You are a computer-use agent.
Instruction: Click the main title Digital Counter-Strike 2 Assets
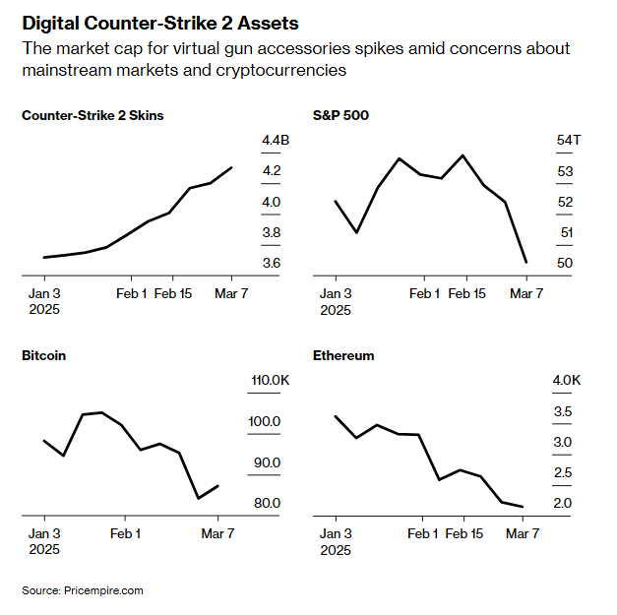pos(160,23)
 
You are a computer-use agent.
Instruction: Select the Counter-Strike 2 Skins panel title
pos(93,115)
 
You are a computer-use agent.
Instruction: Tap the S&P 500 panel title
pos(340,115)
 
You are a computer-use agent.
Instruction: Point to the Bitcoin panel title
pos(43,355)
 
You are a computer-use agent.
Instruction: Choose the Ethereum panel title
pos(343,355)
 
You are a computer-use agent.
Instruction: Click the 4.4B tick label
pos(276,141)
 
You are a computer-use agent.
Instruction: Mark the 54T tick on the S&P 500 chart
pos(569,141)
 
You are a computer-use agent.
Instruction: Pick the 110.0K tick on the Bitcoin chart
pos(270,380)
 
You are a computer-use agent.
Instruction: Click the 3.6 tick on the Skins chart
pos(272,264)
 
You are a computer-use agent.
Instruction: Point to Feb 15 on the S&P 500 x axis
pos(466,293)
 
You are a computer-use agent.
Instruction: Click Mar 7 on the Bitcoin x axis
pos(218,533)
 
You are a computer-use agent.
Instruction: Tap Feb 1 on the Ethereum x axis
pos(422,533)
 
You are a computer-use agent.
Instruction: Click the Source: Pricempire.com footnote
pos(83,590)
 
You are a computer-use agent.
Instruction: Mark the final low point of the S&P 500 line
pos(526,262)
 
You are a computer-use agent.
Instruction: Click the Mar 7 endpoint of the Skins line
pos(232,167)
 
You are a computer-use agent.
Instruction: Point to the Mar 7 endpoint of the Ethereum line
pos(522,507)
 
